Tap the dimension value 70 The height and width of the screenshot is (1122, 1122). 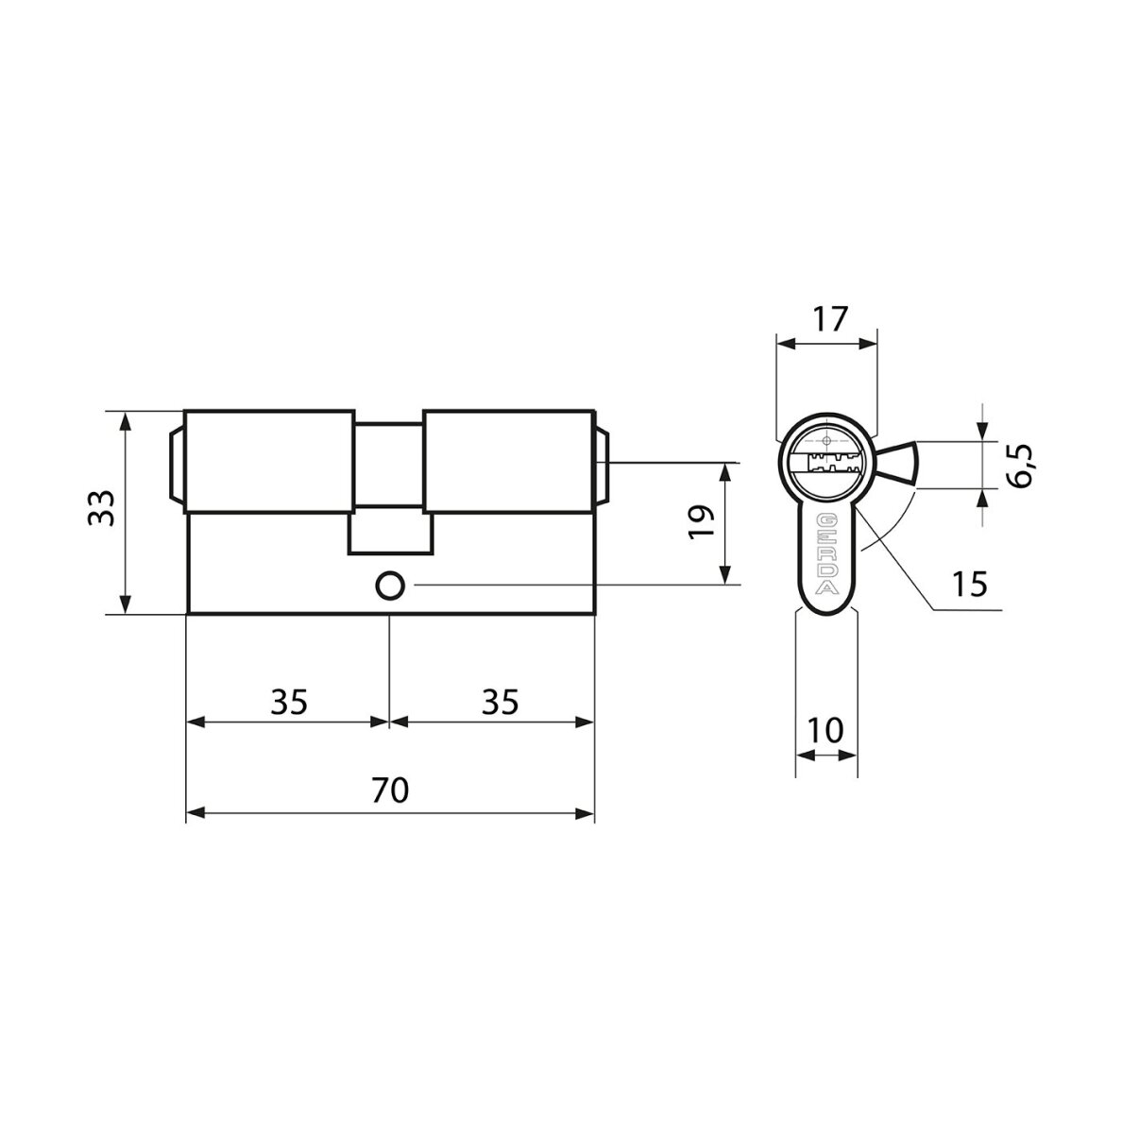(390, 790)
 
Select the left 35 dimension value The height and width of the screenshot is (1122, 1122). (289, 702)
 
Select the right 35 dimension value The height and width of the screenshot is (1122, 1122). (500, 702)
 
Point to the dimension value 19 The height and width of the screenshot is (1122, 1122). (702, 522)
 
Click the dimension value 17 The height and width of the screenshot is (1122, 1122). (830, 319)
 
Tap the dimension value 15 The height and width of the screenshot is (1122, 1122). (970, 585)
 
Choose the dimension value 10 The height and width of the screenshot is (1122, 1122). (825, 731)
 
